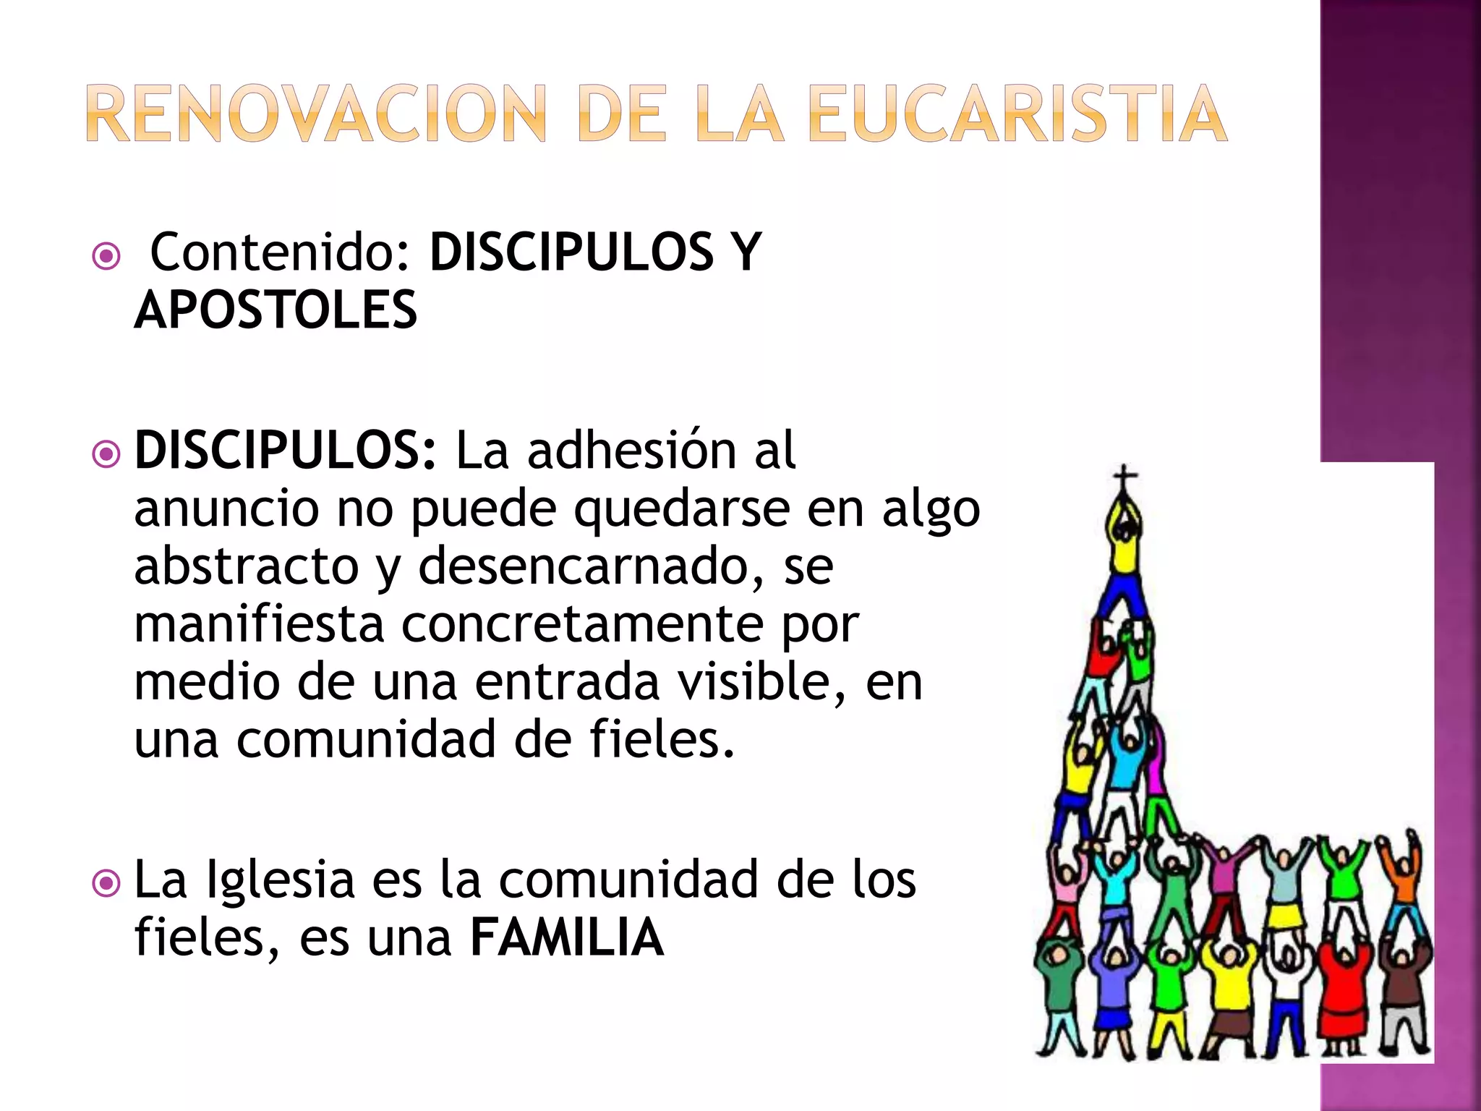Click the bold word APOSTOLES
[x=276, y=310]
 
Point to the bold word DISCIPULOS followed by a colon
[x=286, y=450]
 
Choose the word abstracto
[x=247, y=566]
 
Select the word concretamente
[x=582, y=623]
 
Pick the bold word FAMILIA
[x=567, y=937]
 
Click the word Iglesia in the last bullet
[x=281, y=880]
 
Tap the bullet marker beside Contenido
[x=107, y=256]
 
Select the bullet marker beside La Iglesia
[x=107, y=883]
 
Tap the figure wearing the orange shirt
[x=1404, y=879]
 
